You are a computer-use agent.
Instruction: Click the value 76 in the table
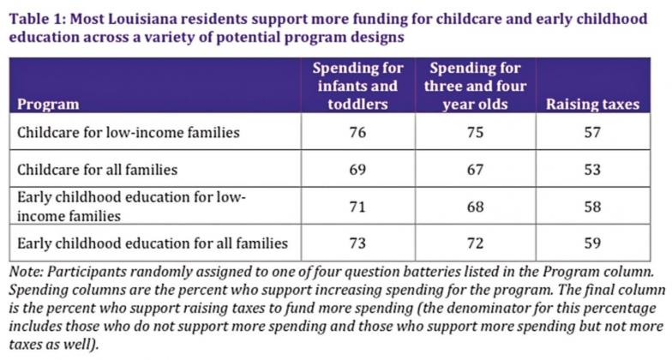click(357, 132)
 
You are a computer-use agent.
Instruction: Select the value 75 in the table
click(475, 132)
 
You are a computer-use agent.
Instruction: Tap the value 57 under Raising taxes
click(592, 132)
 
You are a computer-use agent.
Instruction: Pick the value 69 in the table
click(357, 170)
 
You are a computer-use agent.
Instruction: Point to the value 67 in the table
click(475, 170)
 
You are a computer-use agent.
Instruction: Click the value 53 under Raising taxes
click(592, 170)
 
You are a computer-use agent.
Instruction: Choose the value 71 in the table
click(357, 207)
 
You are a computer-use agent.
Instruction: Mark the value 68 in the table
click(475, 207)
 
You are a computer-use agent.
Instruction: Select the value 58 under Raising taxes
click(592, 207)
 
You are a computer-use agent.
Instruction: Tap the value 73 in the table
click(357, 243)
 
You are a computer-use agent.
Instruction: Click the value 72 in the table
click(475, 243)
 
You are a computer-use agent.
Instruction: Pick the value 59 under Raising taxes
click(592, 243)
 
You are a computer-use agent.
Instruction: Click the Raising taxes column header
click(593, 105)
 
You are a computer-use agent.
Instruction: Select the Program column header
click(48, 105)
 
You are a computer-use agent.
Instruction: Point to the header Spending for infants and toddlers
click(358, 86)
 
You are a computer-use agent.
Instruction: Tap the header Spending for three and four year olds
click(475, 86)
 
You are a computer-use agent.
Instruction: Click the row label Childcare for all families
click(98, 170)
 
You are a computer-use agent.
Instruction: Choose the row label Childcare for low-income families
click(129, 132)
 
